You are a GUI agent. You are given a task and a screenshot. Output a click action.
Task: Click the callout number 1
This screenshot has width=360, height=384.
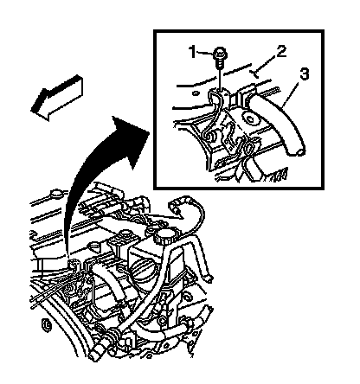click(x=193, y=52)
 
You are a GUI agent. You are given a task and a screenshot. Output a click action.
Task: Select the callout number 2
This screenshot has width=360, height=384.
click(x=281, y=52)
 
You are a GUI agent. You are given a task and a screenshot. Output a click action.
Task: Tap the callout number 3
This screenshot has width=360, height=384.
click(x=305, y=74)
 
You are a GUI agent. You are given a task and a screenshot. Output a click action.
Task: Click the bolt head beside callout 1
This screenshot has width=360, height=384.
click(x=220, y=54)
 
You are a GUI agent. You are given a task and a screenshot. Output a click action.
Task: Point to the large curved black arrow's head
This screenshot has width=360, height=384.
click(x=132, y=138)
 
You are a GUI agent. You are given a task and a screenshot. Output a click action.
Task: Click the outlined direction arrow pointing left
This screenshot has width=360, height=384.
click(x=57, y=98)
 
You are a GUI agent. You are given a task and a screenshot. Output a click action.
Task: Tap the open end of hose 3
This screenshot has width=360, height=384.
click(x=297, y=151)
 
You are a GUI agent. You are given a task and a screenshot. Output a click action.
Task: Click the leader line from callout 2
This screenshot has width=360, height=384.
click(x=265, y=67)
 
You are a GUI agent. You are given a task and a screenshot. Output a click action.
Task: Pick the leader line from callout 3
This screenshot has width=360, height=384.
click(x=291, y=93)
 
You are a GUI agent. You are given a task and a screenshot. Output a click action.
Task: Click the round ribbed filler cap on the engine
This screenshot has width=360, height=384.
click(x=163, y=237)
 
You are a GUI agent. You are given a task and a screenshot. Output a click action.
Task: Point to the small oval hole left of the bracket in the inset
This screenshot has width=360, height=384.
click(x=196, y=93)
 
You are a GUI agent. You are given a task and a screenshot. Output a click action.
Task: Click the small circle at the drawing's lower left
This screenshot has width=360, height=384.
click(x=46, y=325)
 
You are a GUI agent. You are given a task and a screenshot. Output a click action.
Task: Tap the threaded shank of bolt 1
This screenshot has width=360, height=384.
click(x=219, y=63)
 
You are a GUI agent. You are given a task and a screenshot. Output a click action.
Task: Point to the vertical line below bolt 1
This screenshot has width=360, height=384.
click(x=220, y=79)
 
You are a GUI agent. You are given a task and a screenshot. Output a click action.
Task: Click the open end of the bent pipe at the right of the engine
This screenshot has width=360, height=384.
click(x=209, y=278)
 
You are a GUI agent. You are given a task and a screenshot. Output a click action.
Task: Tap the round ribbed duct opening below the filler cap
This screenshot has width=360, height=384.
click(x=142, y=272)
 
